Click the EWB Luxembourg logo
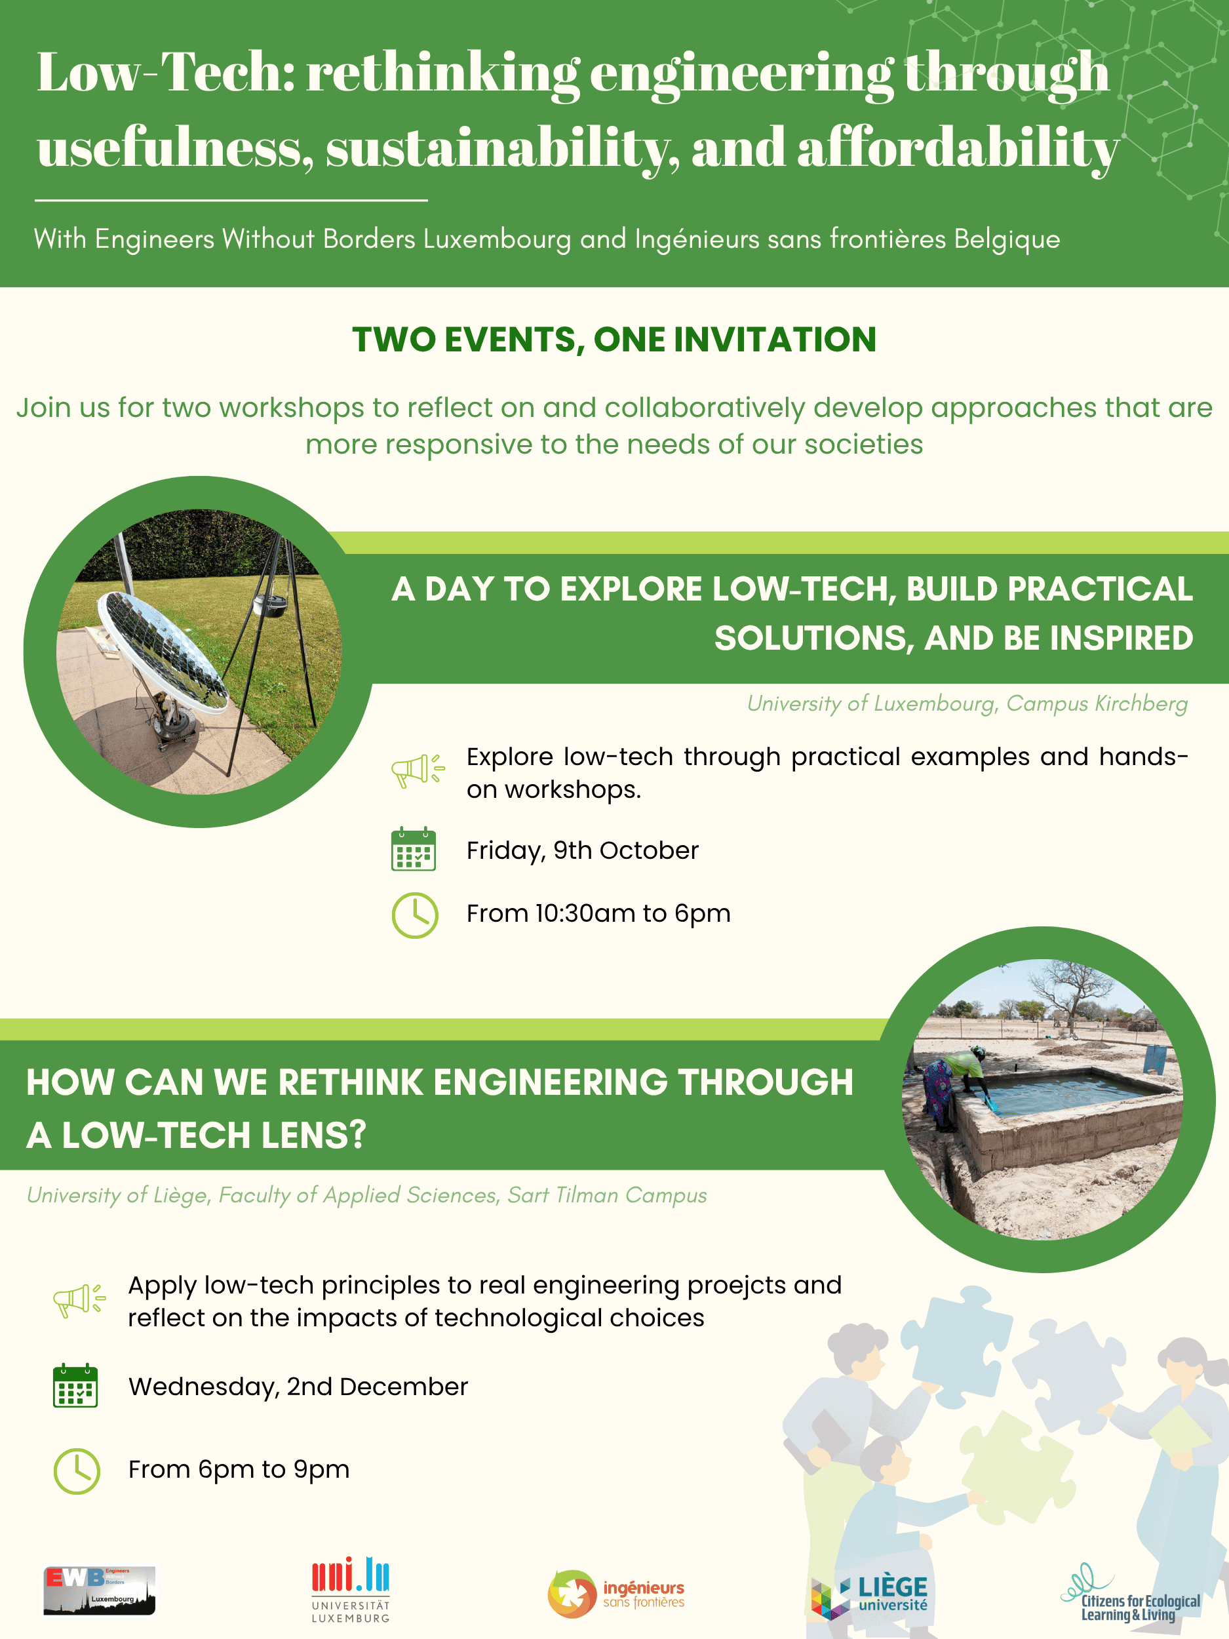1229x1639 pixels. pos(99,1590)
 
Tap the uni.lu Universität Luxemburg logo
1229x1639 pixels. pos(351,1590)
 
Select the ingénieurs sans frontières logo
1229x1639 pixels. pos(616,1594)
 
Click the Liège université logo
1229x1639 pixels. pos(869,1597)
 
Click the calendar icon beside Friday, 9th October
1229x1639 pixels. pos(414,848)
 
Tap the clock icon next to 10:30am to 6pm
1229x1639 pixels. pos(415,916)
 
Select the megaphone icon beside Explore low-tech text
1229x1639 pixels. pos(418,770)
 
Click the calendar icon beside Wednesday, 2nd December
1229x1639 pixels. pos(75,1385)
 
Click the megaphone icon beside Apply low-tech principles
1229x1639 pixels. pos(79,1300)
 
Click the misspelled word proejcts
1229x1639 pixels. pos(716,1286)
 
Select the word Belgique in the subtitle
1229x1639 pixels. pos(1007,239)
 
